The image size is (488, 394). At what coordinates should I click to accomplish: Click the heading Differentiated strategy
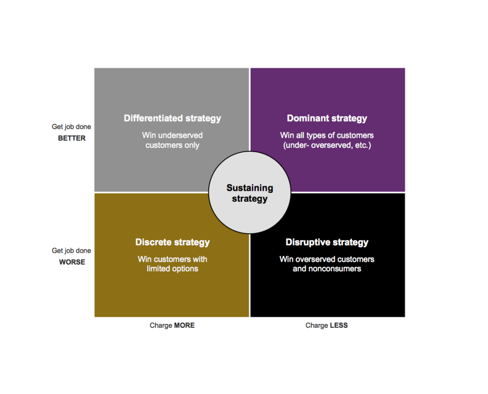point(172,118)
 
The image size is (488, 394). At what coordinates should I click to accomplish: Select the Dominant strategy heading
point(327,118)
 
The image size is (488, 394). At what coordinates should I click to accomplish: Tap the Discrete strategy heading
point(173,242)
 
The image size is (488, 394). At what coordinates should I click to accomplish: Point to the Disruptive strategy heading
point(327,242)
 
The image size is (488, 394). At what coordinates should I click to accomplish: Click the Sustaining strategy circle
point(250,193)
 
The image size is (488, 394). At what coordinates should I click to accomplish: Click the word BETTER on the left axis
point(71,138)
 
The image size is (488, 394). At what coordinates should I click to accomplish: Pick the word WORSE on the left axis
point(72,262)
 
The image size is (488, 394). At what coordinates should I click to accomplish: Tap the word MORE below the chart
point(184,325)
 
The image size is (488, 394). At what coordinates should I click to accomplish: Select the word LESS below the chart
point(339,325)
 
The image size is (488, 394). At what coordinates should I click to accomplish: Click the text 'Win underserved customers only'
point(172,140)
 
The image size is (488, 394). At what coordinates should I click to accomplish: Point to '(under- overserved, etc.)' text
point(327,145)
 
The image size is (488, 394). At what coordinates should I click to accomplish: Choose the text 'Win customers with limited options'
point(173,264)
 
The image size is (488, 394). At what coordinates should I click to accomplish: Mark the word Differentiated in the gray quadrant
point(153,118)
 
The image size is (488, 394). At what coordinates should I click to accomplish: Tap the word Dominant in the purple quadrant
point(308,118)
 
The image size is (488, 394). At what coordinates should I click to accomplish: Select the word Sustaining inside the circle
point(250,188)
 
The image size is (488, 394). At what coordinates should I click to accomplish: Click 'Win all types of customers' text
point(327,135)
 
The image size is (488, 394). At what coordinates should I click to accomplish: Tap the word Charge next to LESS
point(317,325)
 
